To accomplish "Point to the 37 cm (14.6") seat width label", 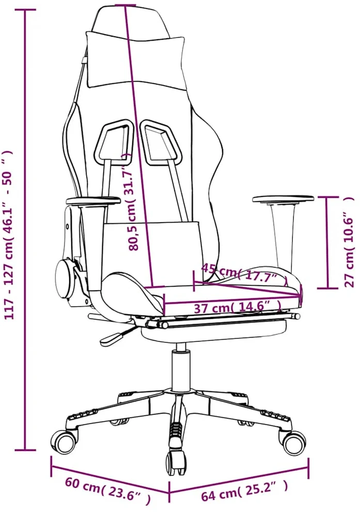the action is coord(238,308).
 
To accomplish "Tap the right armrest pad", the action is coord(283,199).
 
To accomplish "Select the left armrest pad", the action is coord(93,201).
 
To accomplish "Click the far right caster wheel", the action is coord(294,442).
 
